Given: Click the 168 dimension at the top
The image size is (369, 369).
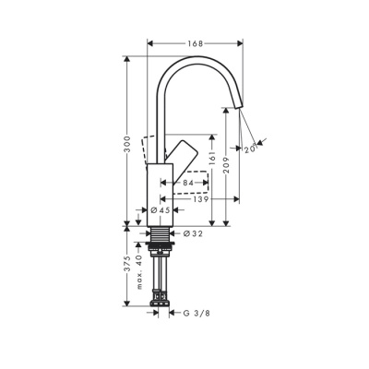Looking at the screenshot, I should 194,43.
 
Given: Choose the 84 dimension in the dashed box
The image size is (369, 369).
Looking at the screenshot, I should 188,184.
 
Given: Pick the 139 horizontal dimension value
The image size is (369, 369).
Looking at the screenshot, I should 198,198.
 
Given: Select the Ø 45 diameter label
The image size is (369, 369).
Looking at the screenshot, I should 162,210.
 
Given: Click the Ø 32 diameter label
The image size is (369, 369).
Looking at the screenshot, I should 193,233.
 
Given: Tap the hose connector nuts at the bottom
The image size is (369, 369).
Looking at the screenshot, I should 162,300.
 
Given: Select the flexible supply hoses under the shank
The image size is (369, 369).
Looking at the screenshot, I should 162,275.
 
